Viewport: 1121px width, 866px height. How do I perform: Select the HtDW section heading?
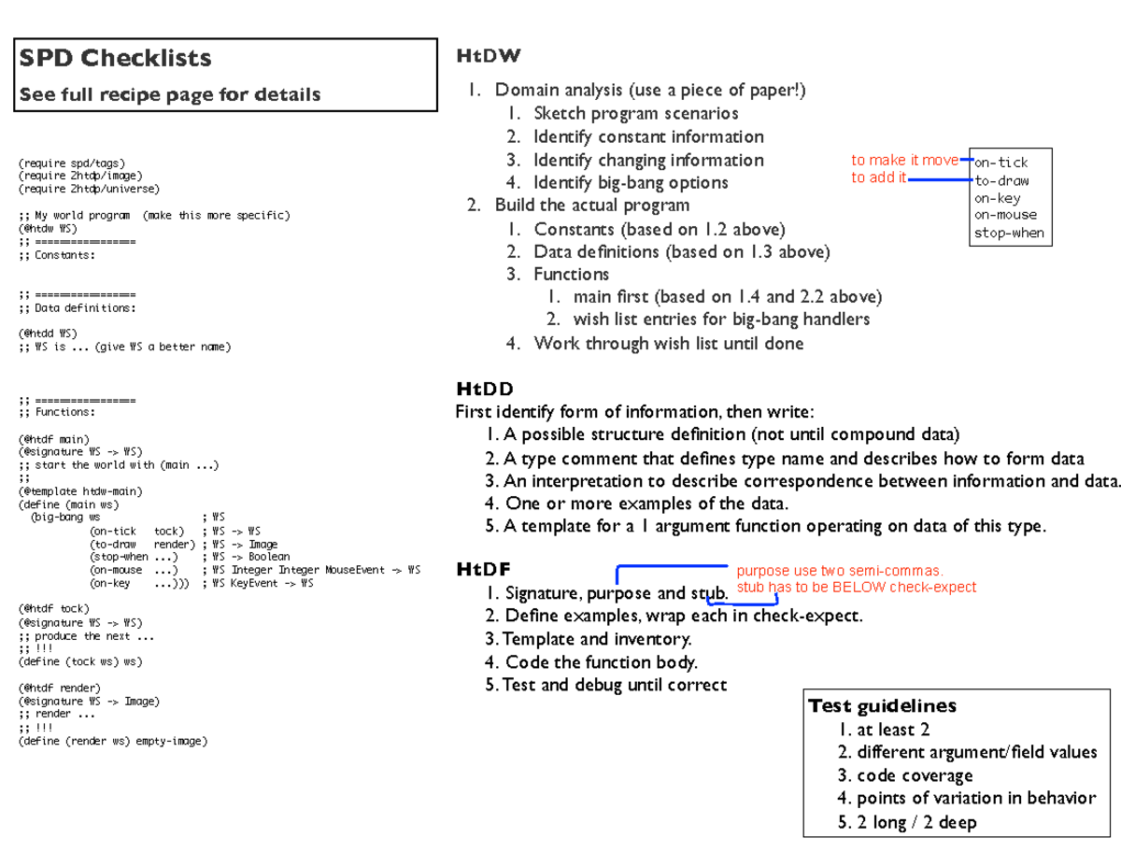pos(488,57)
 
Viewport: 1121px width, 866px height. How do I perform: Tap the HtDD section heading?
pos(485,389)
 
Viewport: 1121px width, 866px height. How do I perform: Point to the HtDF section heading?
pos(483,570)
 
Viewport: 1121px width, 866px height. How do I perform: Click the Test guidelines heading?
pos(882,706)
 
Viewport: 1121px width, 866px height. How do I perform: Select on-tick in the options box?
pos(1000,163)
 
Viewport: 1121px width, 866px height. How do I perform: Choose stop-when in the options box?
pos(1009,233)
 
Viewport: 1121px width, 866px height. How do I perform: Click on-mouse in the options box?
pos(1005,215)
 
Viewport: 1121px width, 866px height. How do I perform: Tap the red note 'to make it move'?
pos(904,160)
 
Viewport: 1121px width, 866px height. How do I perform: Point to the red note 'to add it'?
pos(878,177)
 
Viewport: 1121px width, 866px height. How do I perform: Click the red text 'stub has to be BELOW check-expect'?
pos(856,588)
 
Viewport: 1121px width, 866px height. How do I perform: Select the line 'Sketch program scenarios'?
pos(635,114)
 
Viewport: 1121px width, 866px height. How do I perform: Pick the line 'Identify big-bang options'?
pos(631,183)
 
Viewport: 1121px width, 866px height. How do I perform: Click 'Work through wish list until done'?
pos(668,344)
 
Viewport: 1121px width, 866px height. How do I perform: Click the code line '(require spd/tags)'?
pos(71,163)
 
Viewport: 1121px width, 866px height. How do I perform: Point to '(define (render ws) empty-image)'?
pos(112,741)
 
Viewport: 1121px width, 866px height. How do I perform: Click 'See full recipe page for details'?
pos(171,94)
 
